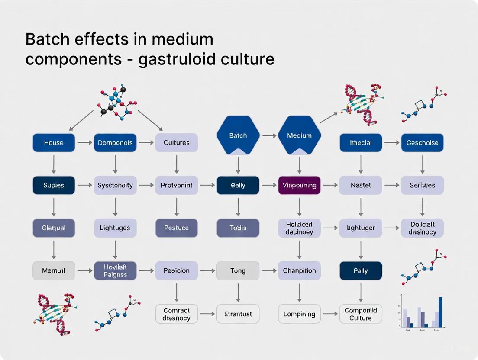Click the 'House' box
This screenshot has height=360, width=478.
pos(54,143)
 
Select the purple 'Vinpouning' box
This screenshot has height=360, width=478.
pos(299,185)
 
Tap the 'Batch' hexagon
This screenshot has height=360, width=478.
pos(238,135)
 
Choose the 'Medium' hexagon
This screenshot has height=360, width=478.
pos(299,135)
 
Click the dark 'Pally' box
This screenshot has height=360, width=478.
pos(361,271)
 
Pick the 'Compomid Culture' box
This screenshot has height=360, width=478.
pos(361,314)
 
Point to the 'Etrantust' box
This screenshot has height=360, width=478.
pos(238,314)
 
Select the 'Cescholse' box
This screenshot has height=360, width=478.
pos(422,143)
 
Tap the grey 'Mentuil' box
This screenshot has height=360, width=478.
pos(54,271)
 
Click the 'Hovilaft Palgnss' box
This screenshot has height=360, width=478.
pos(115,271)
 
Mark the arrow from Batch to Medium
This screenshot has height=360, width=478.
pos(269,135)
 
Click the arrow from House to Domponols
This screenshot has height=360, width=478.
pos(84,143)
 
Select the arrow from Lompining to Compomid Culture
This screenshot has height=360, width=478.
pos(330,314)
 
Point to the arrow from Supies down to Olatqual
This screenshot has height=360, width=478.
pos(54,206)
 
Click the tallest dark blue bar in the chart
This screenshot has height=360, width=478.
pos(440,312)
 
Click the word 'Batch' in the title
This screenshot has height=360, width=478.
pos(48,39)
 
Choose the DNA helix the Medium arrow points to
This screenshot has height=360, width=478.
pos(362,104)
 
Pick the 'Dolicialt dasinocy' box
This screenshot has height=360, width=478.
pos(422,228)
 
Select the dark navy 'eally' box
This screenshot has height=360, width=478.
pos(238,185)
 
